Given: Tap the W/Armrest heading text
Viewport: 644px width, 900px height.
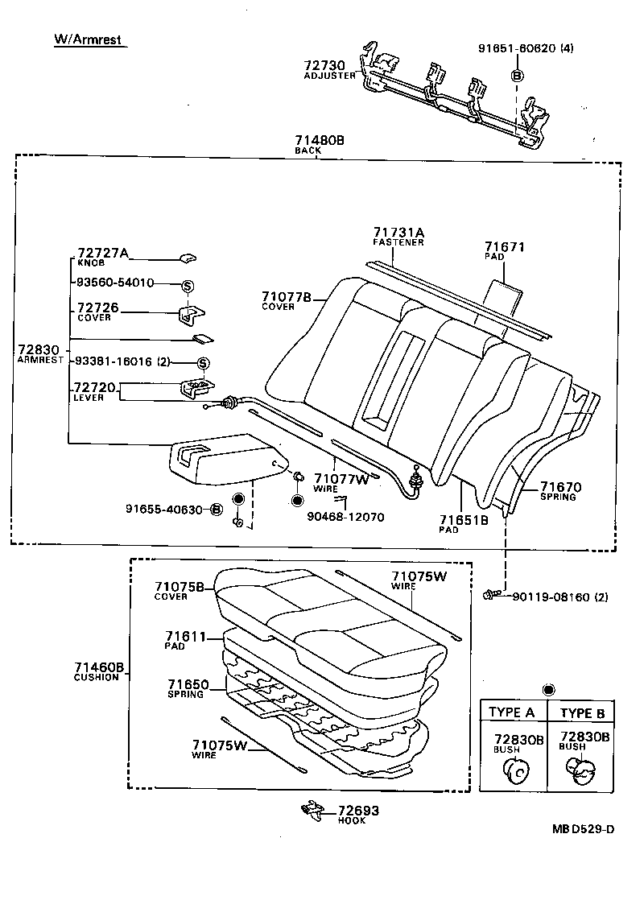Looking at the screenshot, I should (89, 39).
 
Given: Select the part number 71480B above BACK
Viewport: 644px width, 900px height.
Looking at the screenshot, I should (319, 140).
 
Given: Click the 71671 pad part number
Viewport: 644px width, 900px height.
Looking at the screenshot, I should (505, 246).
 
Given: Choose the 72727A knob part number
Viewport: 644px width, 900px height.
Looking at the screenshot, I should (102, 253).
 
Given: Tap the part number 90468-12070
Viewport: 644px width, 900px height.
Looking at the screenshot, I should (345, 516).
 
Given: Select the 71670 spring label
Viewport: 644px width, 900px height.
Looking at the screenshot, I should (560, 487).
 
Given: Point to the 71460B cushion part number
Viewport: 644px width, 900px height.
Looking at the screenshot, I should (97, 667).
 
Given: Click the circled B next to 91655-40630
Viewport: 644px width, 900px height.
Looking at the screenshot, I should (217, 509).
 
